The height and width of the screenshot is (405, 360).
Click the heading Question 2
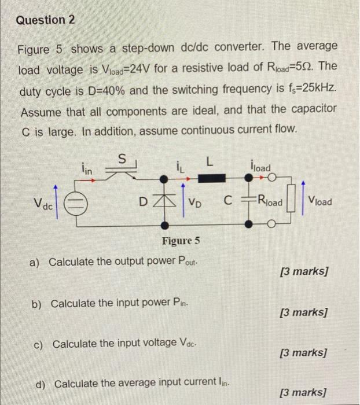(x=46, y=20)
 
